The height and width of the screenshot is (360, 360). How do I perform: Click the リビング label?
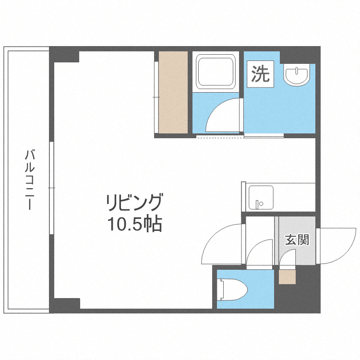(x=134, y=202)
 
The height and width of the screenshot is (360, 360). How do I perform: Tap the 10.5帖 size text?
(x=135, y=224)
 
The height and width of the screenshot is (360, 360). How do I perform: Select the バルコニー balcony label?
(x=30, y=180)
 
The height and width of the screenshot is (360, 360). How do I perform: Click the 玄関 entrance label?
(x=297, y=240)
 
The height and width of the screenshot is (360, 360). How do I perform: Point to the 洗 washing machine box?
(x=260, y=74)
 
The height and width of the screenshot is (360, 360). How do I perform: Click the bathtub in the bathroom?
(x=216, y=72)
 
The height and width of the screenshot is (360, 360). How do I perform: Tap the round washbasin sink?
(x=296, y=75)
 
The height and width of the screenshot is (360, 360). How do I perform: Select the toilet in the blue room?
(x=232, y=289)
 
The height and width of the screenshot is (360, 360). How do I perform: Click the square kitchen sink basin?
(x=261, y=197)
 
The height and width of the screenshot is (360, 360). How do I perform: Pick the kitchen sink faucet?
(x=259, y=204)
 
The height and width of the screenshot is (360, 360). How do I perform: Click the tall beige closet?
(x=173, y=92)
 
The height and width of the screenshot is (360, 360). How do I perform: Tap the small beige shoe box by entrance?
(x=287, y=277)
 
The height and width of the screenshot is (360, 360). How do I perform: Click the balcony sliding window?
(x=52, y=188)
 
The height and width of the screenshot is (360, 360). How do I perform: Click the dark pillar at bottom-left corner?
(x=65, y=305)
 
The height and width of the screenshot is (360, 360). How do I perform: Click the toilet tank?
(x=222, y=289)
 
